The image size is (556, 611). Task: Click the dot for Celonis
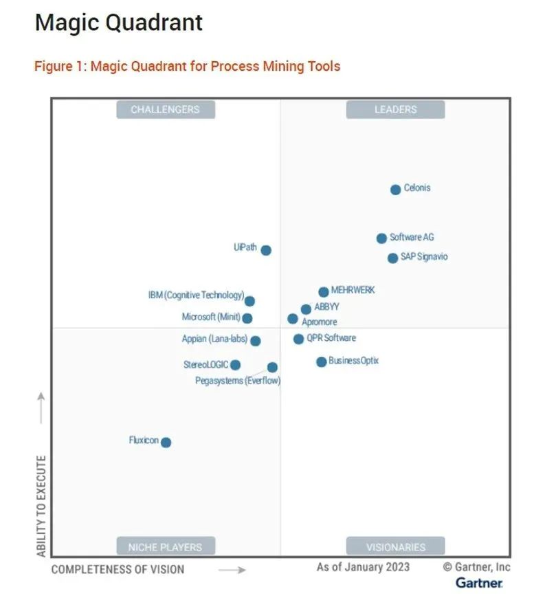pos(395,190)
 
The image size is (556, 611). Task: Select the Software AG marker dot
pos(381,238)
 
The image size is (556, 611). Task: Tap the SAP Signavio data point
pos(392,258)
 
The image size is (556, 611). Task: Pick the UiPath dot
pos(266,250)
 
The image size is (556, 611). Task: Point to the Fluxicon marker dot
pos(166,442)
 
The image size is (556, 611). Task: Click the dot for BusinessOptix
pos(321,362)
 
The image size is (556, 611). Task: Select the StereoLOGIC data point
pos(235,365)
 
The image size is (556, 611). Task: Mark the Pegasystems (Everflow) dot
pos(272,367)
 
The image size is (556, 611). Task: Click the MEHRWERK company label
pos(353,291)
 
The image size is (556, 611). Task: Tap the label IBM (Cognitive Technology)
pos(196,296)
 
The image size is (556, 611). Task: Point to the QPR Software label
pos(331,338)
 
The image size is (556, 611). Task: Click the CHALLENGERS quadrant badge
pos(165,109)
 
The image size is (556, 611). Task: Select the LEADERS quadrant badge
pos(395,109)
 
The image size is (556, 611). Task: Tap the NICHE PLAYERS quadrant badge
pos(165,547)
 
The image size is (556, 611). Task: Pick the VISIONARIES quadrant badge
pos(395,547)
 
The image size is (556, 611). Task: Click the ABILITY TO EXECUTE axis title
pos(41,505)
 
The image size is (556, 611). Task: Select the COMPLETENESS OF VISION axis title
pos(118,569)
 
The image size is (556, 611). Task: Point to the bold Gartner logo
pos(478,583)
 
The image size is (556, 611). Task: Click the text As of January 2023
pos(363,567)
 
